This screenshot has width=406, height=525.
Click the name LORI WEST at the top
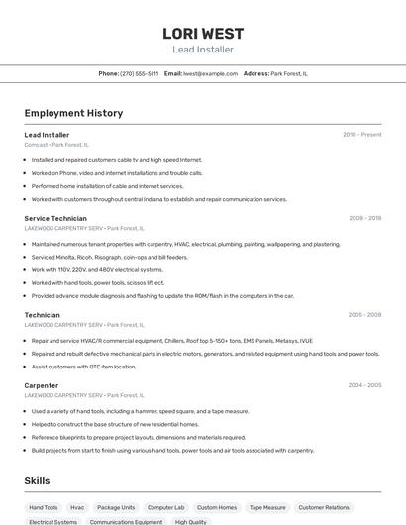coord(203,33)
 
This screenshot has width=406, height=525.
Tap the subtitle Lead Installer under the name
coord(203,50)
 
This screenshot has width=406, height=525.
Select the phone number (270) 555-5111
coord(139,73)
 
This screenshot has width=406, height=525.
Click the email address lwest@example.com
coord(210,73)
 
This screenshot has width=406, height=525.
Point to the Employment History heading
coord(73,113)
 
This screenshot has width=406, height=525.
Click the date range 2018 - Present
coord(361,135)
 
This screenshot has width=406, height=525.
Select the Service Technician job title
coord(55,218)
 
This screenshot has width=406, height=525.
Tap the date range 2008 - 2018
coord(364,218)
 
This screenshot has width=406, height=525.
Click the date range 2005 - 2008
coord(364,315)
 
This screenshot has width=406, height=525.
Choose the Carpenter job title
coord(42,385)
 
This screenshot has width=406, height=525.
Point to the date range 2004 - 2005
coord(364,385)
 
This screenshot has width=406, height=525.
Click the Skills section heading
coord(38,480)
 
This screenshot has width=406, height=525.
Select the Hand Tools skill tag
coord(44,507)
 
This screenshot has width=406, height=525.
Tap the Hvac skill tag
coord(77,507)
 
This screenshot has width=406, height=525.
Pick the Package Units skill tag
coord(116,507)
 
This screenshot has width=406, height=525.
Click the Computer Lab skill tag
coord(166,507)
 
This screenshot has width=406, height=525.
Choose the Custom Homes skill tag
coord(217,507)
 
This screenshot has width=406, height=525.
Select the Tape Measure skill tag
coord(267,507)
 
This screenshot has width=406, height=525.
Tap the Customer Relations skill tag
coord(324,507)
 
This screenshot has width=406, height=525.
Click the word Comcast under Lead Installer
coord(36,145)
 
